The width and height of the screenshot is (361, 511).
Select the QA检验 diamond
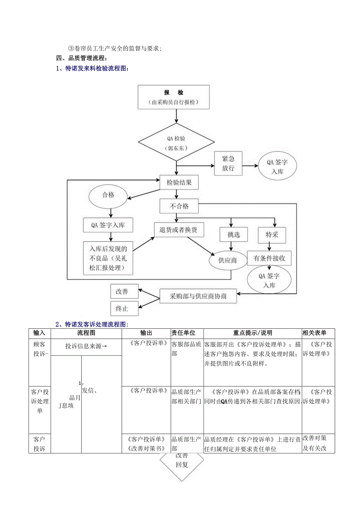pos(176,143)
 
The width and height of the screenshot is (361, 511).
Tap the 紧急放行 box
pos(228,163)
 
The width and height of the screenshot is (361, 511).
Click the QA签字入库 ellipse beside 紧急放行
pos(277,167)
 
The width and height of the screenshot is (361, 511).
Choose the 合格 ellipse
pos(108,195)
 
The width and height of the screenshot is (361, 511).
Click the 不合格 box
pos(179,206)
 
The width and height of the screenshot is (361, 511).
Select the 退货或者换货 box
pos(179,229)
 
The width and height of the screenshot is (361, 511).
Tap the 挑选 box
pos(233,234)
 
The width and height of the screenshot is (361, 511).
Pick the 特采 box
pos(272,234)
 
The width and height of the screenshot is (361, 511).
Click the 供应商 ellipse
pos(228,260)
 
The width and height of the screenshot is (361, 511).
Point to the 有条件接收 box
pos(269,258)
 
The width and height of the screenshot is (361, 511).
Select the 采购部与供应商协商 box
pos(198,296)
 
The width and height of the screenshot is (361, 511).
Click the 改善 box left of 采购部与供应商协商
pos(124,292)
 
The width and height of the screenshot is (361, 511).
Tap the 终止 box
pos(124,308)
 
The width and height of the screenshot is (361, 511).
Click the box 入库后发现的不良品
pos(108,258)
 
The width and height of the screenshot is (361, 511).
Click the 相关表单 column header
pos(318,333)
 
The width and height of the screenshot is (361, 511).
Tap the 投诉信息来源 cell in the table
pos(86,346)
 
